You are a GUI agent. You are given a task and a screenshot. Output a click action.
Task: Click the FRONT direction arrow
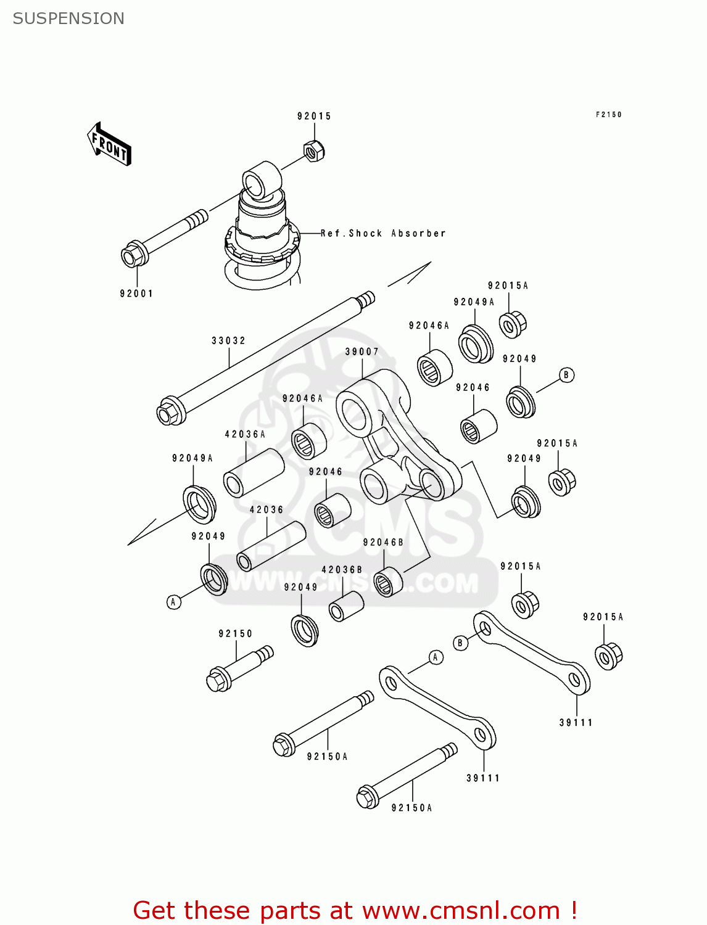coord(109,144)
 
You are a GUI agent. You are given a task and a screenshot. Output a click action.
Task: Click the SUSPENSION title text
coord(68,18)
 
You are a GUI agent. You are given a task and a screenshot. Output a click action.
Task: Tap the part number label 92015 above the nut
coord(314,116)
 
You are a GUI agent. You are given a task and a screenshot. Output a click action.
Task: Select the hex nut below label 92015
coord(314,150)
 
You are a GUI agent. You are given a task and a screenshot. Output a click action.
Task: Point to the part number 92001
coord(136,294)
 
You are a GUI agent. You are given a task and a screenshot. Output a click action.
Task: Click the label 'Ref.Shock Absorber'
coord(383,233)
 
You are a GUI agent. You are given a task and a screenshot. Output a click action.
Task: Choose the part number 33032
coord(228,340)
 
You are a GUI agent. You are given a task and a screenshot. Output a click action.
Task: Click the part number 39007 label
coord(362,351)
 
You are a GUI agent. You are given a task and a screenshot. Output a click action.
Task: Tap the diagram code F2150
coord(608,115)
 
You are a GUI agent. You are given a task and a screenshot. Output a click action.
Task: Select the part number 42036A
coord(245,434)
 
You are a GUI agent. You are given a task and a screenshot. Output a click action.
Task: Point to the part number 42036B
coord(342,570)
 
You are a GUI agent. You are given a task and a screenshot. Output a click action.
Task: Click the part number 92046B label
coord(383,542)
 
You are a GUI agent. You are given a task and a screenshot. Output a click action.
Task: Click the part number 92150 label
coord(236,633)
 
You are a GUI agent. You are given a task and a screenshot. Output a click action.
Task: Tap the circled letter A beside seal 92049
coord(174,602)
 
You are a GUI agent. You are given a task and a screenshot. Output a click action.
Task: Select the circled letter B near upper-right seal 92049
coord(566,375)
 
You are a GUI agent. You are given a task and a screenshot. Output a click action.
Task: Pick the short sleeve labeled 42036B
coord(346,607)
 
